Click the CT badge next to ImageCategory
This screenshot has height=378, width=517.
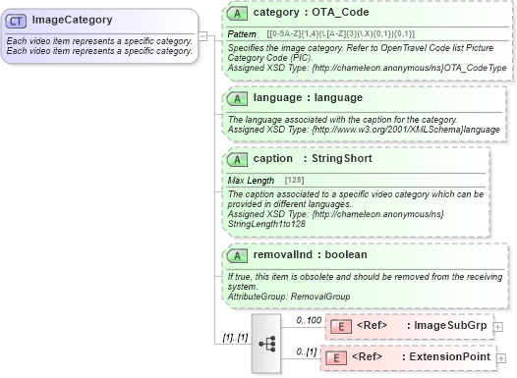tap(17, 20)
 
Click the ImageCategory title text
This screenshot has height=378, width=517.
tap(72, 20)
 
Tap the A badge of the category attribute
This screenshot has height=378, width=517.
tap(236, 15)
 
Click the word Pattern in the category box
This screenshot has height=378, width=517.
tap(242, 34)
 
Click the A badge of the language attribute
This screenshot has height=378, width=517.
tap(236, 98)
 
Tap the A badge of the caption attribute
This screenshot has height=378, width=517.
tap(236, 158)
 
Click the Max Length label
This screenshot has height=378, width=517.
tap(251, 181)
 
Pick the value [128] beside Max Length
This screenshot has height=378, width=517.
tap(294, 181)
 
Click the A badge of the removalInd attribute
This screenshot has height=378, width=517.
tap(236, 254)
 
